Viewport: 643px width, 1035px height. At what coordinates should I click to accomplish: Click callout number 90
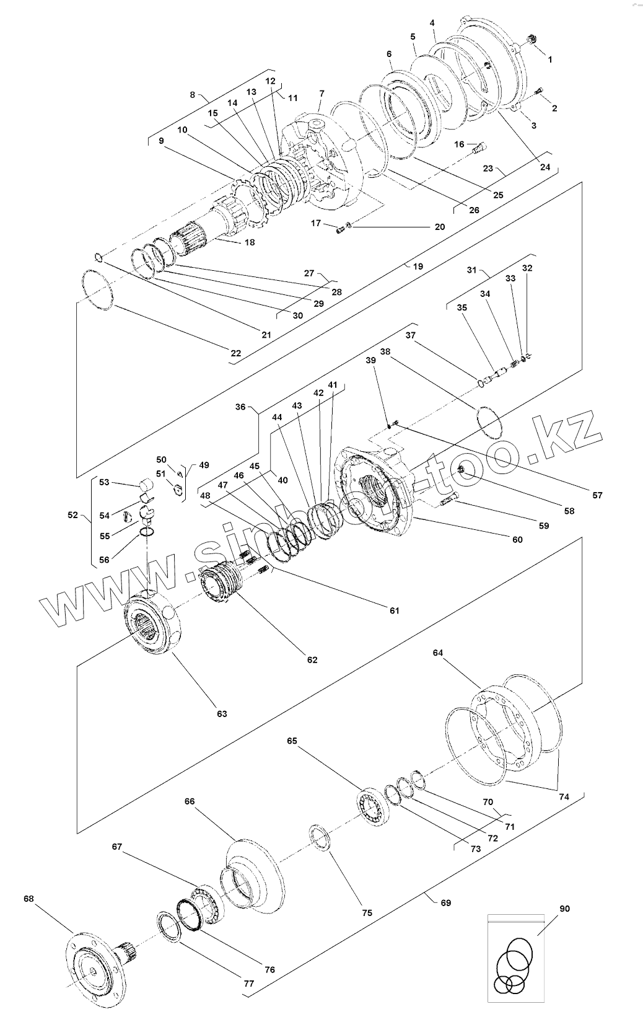[564, 909]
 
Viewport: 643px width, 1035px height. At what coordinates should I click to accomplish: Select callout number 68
[29, 898]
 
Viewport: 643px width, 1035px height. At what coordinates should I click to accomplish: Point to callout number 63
[222, 713]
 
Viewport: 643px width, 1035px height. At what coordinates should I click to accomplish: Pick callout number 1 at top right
[550, 59]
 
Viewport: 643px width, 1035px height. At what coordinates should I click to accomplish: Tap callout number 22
[235, 353]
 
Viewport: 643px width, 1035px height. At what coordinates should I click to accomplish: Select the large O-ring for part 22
[97, 288]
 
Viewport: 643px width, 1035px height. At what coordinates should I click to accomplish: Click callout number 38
[385, 351]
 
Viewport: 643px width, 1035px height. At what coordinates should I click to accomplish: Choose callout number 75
[367, 912]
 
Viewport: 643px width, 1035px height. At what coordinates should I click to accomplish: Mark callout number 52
[73, 514]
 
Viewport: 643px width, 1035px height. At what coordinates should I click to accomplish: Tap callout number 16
[459, 144]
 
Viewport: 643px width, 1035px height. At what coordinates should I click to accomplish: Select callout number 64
[438, 653]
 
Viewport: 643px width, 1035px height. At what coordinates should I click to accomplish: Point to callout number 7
[321, 93]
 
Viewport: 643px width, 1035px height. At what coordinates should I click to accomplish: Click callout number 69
[445, 902]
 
